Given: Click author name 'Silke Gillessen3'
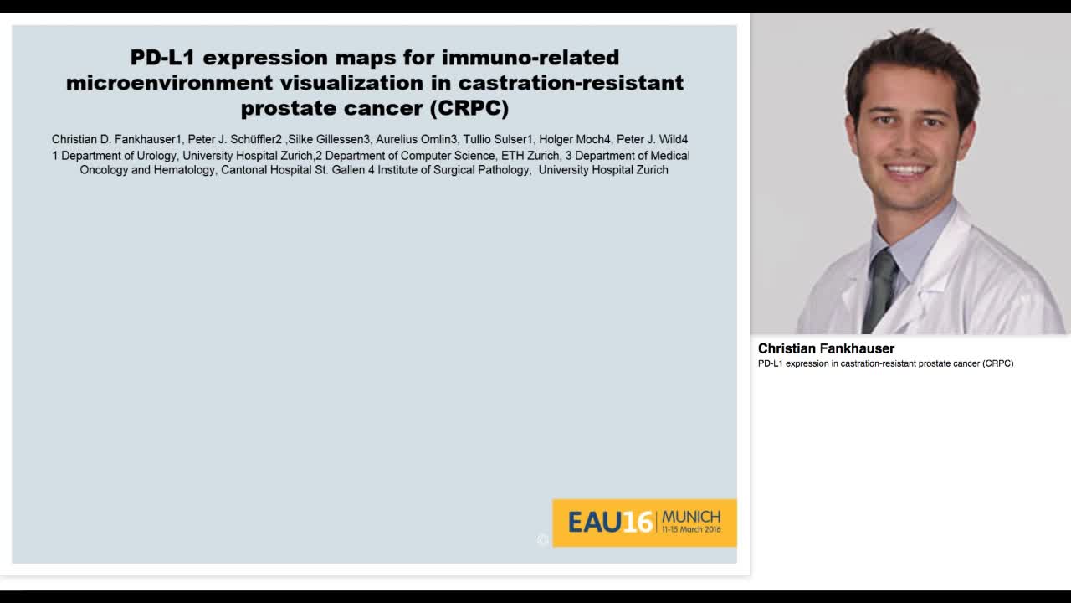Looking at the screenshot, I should (329, 139).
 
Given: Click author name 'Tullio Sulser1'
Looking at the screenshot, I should (498, 139).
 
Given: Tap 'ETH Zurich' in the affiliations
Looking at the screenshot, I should (530, 156).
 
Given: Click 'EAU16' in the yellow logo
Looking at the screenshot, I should (610, 523).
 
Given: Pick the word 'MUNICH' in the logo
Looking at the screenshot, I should (690, 516).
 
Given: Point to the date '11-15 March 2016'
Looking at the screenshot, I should (690, 530).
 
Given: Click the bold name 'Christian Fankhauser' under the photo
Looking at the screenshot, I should (826, 348).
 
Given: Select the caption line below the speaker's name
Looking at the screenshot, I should (885, 363).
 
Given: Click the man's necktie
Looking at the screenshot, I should (879, 289).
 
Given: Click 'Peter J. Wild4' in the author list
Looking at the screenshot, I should (652, 139).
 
